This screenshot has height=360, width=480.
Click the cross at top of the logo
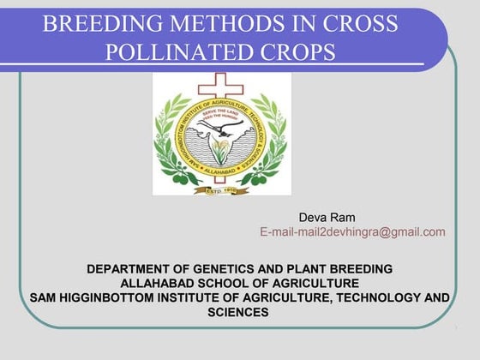pos(222,87)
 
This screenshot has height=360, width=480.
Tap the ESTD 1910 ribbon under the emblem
pos(222,189)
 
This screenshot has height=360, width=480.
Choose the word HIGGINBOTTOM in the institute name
pos(105,298)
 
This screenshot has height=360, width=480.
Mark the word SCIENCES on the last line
pos(238,313)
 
